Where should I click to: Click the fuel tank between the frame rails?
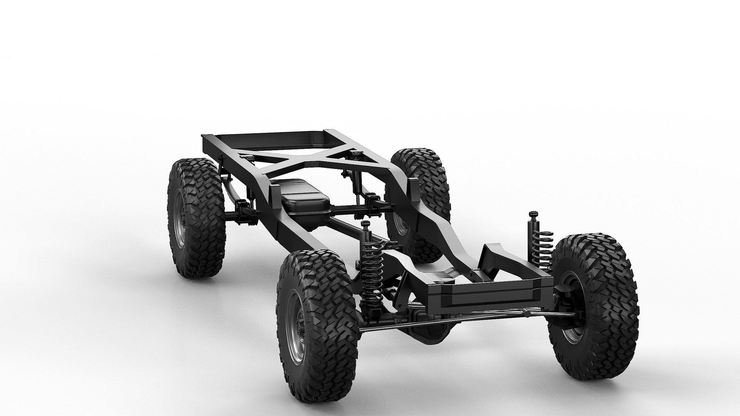(305, 202)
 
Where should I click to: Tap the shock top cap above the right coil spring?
(533, 214)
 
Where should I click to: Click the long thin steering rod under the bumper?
(462, 319)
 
